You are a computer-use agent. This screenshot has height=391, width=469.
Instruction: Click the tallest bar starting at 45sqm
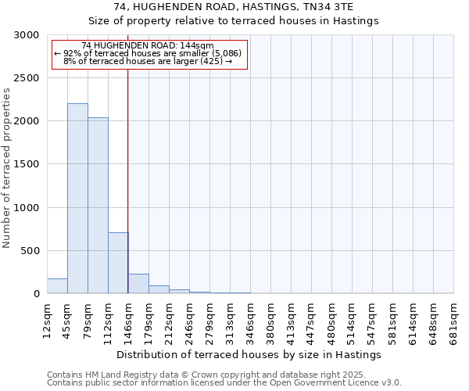pyautogui.click(x=77, y=199)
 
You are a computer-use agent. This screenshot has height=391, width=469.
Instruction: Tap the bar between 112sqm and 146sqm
pyautogui.click(x=118, y=263)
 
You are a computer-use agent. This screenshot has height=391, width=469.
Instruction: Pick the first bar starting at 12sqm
pyautogui.click(x=57, y=286)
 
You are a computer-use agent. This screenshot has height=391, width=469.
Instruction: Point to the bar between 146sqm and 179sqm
pyautogui.click(x=138, y=284)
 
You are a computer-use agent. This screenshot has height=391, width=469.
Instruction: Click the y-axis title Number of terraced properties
pyautogui.click(x=7, y=167)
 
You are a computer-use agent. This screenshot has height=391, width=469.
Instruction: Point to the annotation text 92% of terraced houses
pyautogui.click(x=148, y=53)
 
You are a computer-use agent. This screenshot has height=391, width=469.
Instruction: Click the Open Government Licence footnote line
pyautogui.click(x=224, y=383)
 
